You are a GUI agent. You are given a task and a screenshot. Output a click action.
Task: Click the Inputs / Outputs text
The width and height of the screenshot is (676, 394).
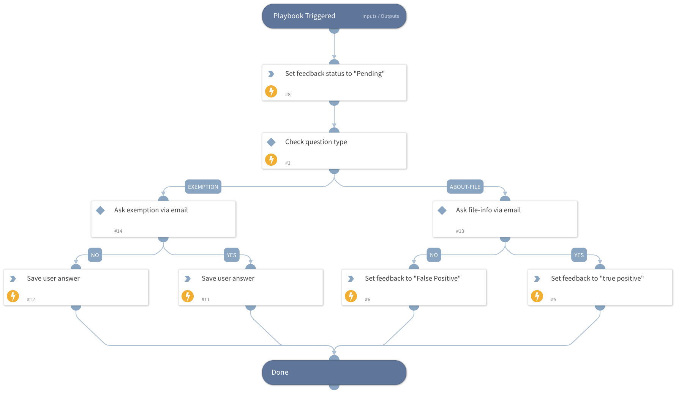(x=380, y=16)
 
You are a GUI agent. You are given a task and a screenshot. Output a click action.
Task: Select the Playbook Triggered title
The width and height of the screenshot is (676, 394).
(x=304, y=16)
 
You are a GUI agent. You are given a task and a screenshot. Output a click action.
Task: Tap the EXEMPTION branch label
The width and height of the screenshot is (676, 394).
(x=203, y=187)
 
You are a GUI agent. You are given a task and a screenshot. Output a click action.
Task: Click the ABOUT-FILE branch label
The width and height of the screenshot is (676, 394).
(x=465, y=187)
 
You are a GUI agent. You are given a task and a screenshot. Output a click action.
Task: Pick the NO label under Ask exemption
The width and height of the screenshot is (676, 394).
(x=95, y=255)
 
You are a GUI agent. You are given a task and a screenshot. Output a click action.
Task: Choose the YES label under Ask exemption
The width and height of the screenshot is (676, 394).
(x=231, y=255)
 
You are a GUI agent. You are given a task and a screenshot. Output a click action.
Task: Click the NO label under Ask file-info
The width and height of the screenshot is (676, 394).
(x=434, y=255)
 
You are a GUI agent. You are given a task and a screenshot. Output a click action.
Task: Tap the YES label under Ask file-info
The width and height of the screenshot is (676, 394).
(x=579, y=255)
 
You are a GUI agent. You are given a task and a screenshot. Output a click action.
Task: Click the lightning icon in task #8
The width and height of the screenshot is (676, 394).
(x=271, y=91)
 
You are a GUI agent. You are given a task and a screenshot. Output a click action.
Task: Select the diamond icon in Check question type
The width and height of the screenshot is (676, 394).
(x=271, y=142)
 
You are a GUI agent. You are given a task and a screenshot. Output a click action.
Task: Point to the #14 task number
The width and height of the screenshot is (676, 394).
(x=118, y=231)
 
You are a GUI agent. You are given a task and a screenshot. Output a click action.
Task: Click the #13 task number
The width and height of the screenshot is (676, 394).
(x=460, y=231)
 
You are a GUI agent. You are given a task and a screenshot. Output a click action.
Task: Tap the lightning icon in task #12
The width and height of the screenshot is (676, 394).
(x=13, y=296)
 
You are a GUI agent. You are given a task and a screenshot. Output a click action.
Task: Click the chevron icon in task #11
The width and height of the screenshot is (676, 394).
(x=188, y=279)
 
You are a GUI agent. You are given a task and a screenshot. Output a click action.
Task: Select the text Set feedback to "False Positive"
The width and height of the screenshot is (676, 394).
(x=412, y=278)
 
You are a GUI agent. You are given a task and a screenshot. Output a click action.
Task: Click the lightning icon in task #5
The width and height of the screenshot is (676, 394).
(x=537, y=296)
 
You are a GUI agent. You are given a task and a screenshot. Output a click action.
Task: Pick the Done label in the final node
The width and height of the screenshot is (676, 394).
(x=280, y=372)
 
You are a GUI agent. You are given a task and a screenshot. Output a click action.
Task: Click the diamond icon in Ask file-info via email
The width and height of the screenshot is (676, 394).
(x=442, y=210)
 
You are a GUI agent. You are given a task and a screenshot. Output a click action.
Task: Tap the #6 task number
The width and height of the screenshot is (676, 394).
(x=367, y=299)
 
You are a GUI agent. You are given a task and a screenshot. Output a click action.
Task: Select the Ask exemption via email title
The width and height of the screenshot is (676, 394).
(x=151, y=210)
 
